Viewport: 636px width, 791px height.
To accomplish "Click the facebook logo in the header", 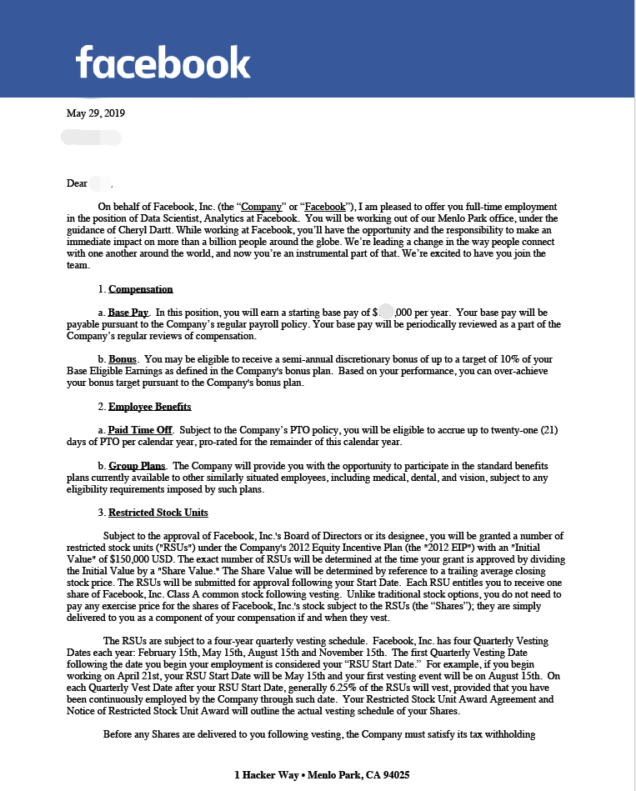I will coord(163,62).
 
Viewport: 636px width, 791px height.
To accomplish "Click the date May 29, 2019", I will coord(96,113).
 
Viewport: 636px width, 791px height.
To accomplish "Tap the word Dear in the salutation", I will coord(77,183).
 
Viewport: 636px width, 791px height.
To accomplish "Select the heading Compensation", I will coord(140,289).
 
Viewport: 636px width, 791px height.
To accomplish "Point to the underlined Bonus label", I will coord(123,359).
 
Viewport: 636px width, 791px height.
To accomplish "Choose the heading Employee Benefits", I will coord(149,407).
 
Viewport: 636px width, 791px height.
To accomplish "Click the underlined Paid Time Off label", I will coord(140,430).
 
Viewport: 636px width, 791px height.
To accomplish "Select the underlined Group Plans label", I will coord(138,465).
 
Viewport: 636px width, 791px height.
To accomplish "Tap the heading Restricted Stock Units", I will coord(158,513).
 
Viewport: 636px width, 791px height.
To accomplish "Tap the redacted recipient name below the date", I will coord(92,136).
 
